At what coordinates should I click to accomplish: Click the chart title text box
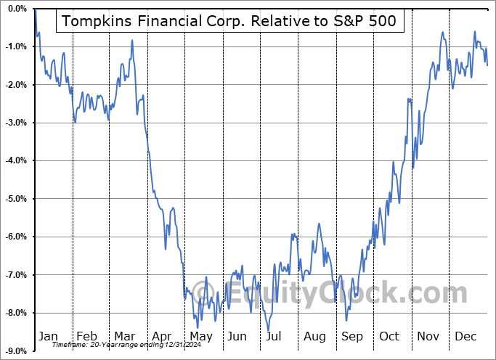(x=229, y=21)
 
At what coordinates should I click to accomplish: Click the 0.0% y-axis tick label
(x=16, y=9)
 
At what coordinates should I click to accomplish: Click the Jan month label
(x=48, y=337)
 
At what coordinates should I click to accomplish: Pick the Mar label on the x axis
(x=124, y=337)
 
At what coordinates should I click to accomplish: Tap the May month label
(x=200, y=337)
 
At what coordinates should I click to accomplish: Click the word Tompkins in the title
(x=97, y=21)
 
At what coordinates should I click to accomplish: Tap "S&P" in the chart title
(x=346, y=21)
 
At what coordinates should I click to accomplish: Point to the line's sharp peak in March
(x=132, y=41)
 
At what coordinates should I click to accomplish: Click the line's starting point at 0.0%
(x=35, y=9)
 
